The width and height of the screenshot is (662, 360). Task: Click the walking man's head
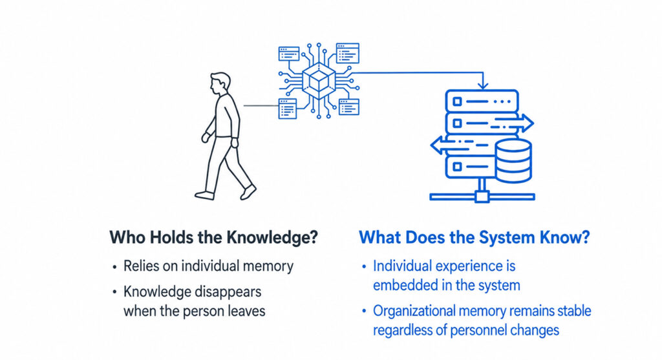[220, 84]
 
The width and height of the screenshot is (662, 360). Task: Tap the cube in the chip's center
[319, 79]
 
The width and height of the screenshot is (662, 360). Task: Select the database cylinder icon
[513, 161]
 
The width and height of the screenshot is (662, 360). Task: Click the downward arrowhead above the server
[483, 86]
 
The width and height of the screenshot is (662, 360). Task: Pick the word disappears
[228, 291]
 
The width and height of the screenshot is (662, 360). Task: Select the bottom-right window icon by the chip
[348, 107]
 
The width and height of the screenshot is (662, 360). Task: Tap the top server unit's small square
[457, 101]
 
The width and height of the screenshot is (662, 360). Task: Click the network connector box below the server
[482, 196]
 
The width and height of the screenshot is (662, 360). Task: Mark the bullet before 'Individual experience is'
[364, 267]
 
